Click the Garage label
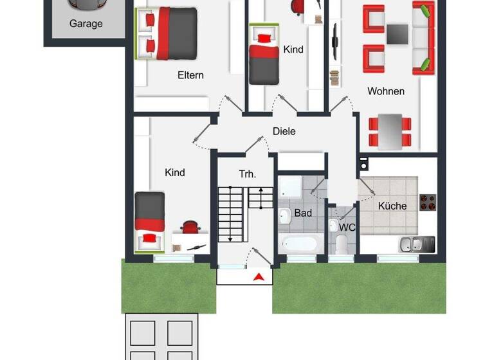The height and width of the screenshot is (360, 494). [86, 24]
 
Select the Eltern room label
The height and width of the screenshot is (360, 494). [190, 75]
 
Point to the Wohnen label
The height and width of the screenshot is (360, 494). [386, 91]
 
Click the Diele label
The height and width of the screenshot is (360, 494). [284, 131]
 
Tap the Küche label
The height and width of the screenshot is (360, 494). [392, 206]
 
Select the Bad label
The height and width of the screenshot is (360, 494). [303, 212]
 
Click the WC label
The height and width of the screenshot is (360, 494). [347, 227]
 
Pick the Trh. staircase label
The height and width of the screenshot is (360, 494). [248, 174]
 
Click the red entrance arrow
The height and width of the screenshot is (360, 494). [259, 277]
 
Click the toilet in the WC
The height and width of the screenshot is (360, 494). [342, 243]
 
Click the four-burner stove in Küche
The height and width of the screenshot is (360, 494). [428, 203]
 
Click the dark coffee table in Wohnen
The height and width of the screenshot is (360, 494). [397, 34]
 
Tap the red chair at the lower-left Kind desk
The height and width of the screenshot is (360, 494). [190, 227]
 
